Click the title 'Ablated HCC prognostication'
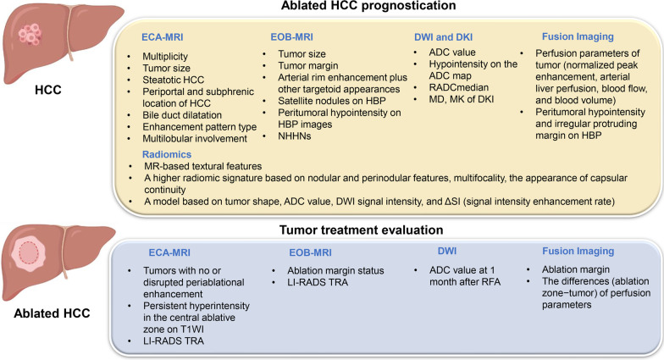(x=368, y=5)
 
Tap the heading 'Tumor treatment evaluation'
(x=361, y=230)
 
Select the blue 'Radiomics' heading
(x=167, y=154)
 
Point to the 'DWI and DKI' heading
(x=444, y=37)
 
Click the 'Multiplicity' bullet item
(x=165, y=56)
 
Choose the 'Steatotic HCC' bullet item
(x=173, y=80)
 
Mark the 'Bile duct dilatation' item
(x=182, y=115)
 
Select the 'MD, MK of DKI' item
(x=461, y=99)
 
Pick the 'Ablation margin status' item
(x=335, y=271)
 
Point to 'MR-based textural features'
(x=203, y=166)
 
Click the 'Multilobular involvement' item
(x=195, y=139)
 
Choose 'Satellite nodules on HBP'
(x=332, y=101)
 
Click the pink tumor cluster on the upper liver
(x=30, y=34)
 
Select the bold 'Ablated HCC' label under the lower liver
(x=53, y=313)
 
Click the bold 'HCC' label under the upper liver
(x=48, y=90)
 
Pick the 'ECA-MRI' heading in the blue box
(x=169, y=252)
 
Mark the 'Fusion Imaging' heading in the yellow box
(x=578, y=37)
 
